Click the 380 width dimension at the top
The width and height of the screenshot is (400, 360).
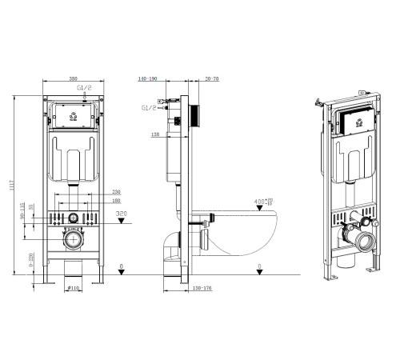tap(73, 79)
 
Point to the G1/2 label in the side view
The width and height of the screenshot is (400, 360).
tap(148, 106)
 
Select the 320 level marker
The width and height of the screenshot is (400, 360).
tap(122, 214)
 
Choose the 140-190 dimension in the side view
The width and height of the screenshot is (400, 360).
tap(148, 80)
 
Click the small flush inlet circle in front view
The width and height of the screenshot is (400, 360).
tap(73, 218)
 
